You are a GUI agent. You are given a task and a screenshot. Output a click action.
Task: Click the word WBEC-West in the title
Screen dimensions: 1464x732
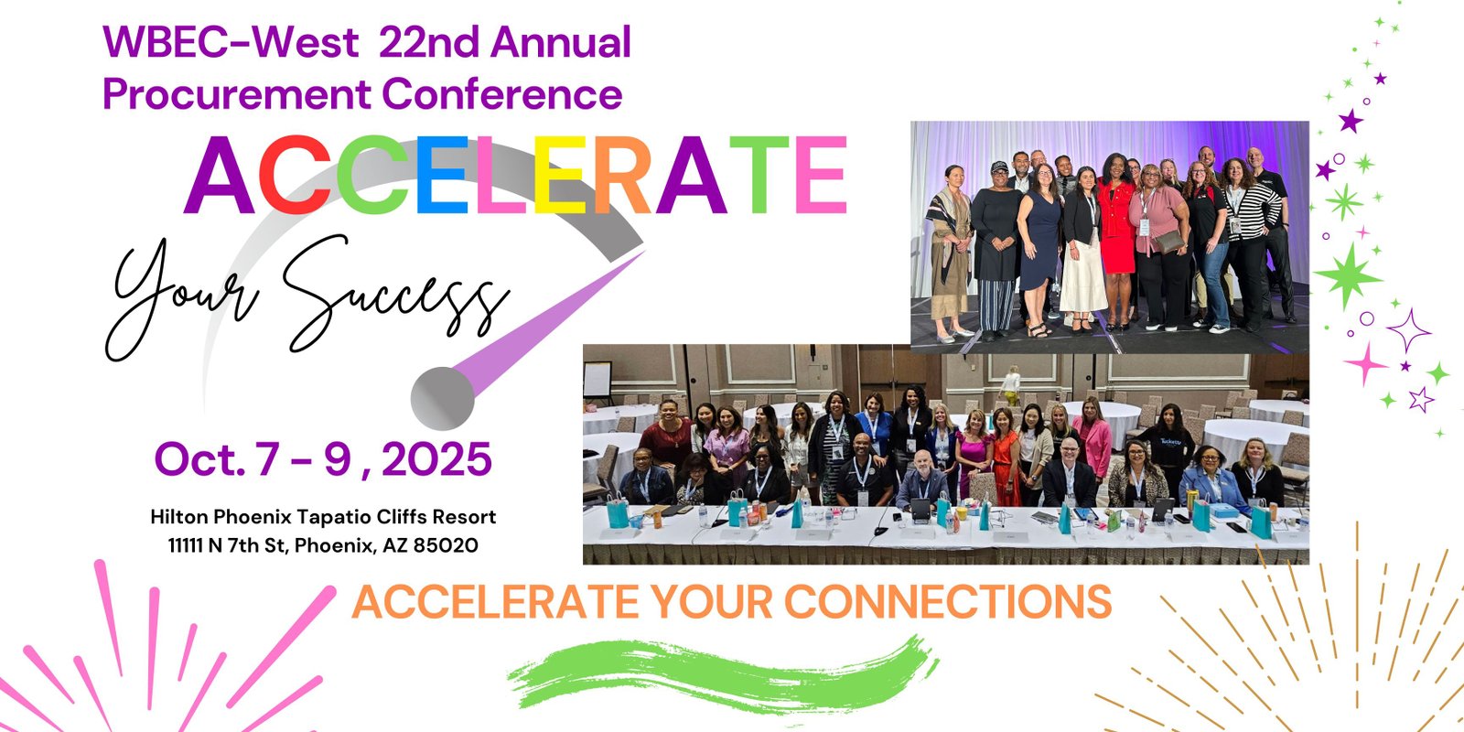[x=231, y=42]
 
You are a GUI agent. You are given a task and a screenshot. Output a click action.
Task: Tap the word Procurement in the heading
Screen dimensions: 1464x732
[x=237, y=93]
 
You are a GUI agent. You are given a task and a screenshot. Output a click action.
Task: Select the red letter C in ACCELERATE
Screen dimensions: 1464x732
[x=295, y=175]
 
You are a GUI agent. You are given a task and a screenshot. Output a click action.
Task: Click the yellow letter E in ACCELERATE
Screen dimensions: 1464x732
[x=559, y=175]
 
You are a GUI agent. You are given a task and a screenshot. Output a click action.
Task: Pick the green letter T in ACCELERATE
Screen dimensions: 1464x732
[x=759, y=175]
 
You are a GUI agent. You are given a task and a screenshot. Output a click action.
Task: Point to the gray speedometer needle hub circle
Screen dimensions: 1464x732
[x=443, y=398]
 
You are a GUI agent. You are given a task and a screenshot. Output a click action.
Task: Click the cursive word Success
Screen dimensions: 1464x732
[x=393, y=294]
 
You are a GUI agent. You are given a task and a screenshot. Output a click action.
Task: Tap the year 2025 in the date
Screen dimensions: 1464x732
[x=436, y=458]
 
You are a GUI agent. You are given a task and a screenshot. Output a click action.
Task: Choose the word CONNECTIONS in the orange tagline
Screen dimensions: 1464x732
[x=948, y=601]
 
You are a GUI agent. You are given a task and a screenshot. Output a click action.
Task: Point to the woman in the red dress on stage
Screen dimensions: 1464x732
[x=1116, y=242]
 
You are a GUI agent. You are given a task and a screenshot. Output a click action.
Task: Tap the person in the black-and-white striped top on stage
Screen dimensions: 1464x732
[x=1249, y=242]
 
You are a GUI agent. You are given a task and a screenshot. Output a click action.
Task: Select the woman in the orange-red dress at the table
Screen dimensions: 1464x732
[x=1006, y=457]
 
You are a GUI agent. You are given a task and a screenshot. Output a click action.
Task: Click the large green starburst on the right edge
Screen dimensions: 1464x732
[x=1348, y=275]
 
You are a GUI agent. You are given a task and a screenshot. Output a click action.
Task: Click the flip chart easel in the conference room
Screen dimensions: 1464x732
[x=597, y=382]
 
